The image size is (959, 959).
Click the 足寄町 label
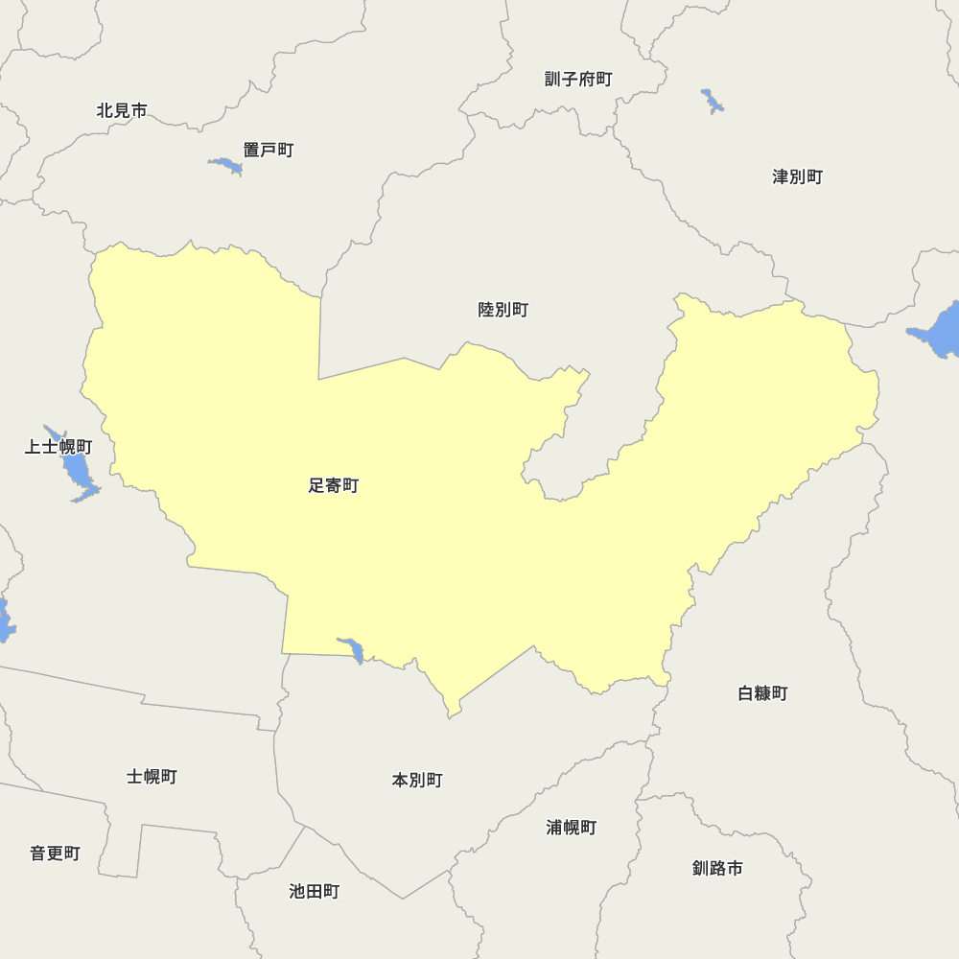[333, 486]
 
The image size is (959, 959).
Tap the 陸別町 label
[503, 310]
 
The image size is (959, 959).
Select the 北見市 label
[122, 110]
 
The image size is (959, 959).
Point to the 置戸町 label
[268, 150]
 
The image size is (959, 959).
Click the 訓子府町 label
[578, 79]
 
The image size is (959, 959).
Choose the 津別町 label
[797, 176]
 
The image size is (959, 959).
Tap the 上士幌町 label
[58, 447]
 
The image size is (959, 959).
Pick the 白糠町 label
[762, 692]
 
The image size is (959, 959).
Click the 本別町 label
[417, 780]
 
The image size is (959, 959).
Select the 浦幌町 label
[572, 827]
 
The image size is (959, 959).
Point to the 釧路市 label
[717, 868]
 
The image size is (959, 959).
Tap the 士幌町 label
[152, 776]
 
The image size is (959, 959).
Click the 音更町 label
[55, 853]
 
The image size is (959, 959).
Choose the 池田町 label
[314, 891]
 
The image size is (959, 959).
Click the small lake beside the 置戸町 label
[227, 166]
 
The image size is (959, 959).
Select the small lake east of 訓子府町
[713, 101]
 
